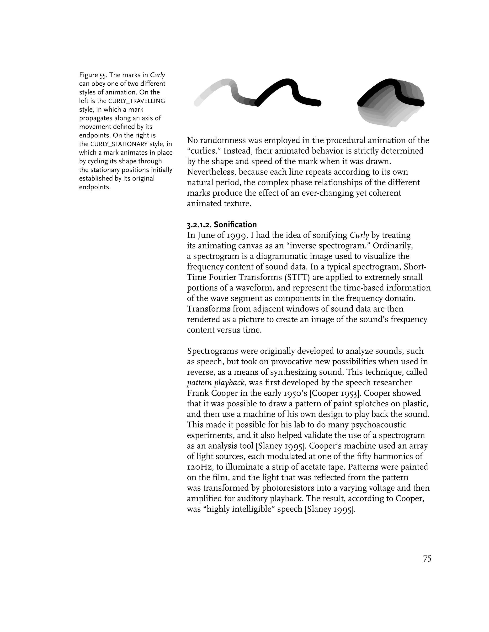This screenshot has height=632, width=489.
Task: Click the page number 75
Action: [x=427, y=559]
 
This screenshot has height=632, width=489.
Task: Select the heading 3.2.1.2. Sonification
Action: [x=222, y=225]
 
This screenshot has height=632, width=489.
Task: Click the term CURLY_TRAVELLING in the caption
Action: [x=136, y=101]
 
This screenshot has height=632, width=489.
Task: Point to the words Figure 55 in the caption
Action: [x=93, y=75]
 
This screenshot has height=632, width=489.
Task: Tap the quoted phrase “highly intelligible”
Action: [x=239, y=509]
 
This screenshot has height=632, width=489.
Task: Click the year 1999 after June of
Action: [x=237, y=235]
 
